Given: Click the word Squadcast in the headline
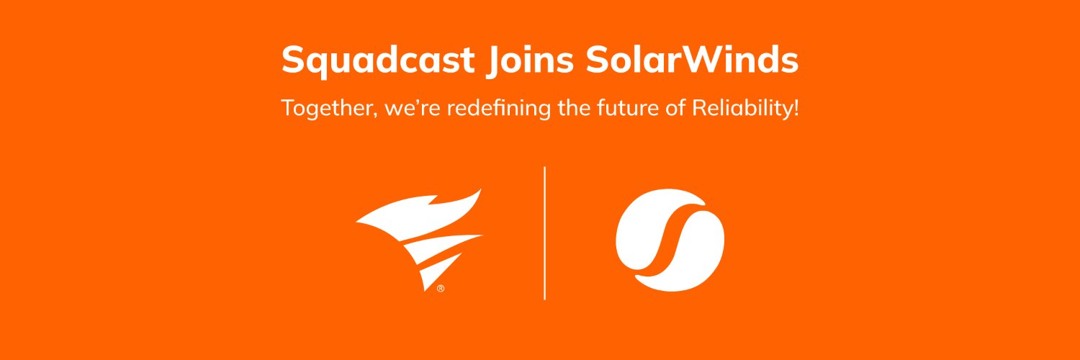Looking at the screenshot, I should point(377,60).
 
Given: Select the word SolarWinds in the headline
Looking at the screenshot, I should point(692,60).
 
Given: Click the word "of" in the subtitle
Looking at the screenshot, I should point(677,109).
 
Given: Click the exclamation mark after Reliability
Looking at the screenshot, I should point(796,109).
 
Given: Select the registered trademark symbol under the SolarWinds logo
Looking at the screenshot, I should point(440,289).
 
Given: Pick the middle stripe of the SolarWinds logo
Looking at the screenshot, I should point(439,248).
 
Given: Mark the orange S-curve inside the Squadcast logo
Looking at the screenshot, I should point(670,241).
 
